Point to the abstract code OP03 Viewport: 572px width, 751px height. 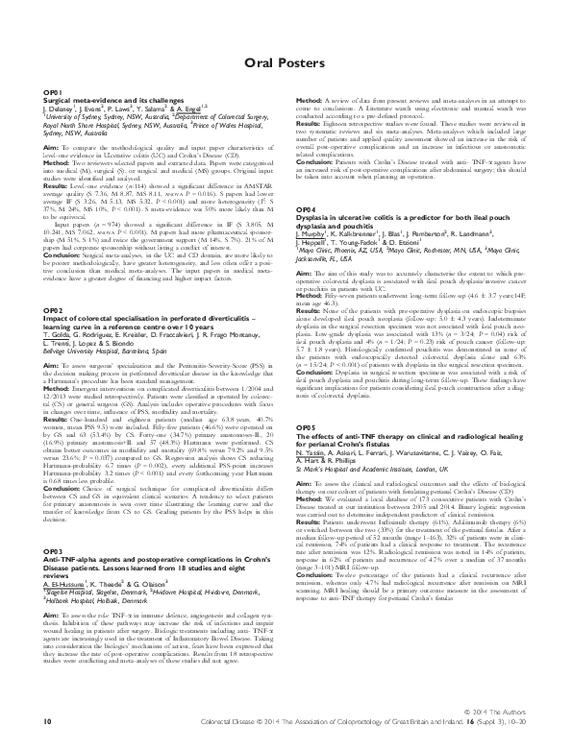pos(52,524)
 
